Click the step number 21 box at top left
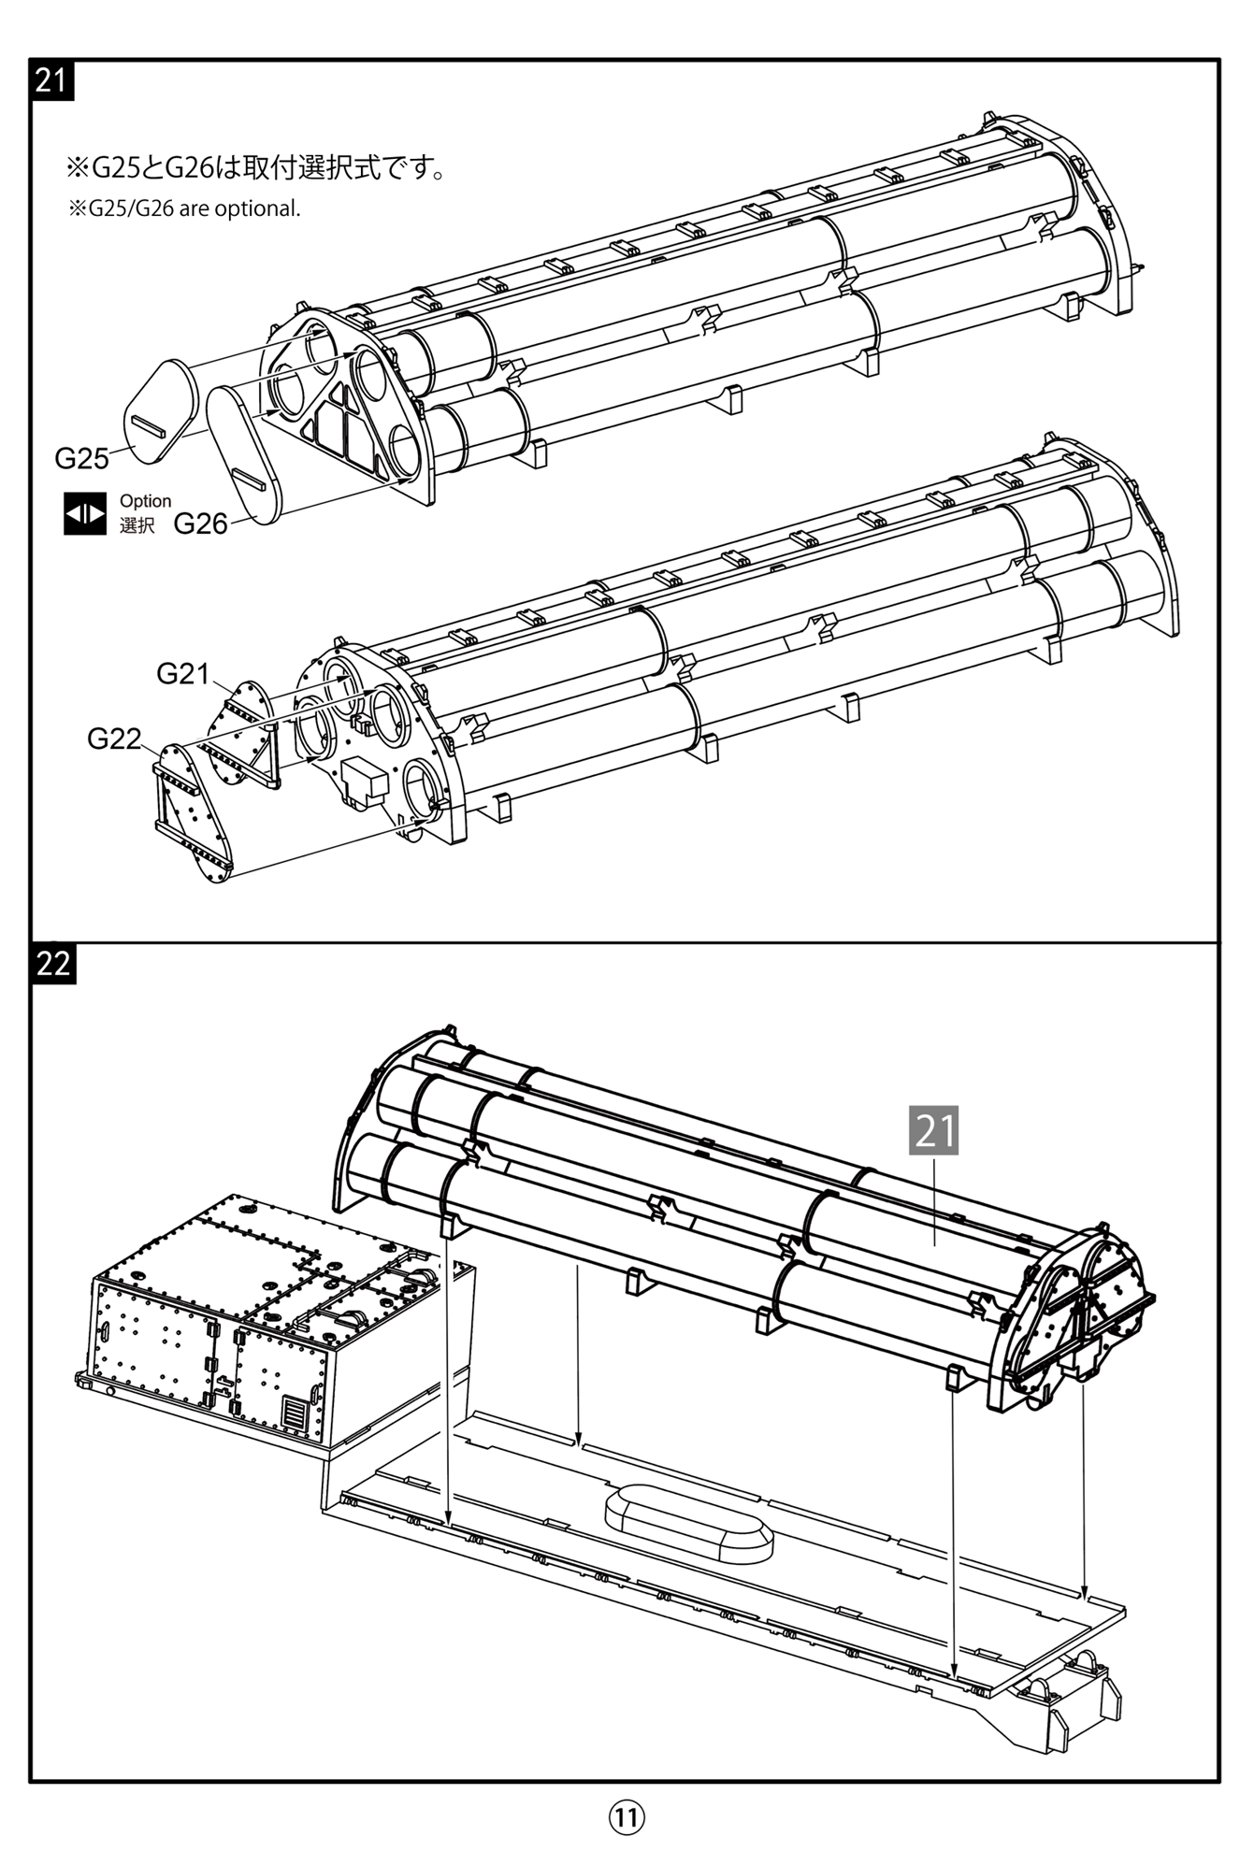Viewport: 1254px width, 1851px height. point(51,80)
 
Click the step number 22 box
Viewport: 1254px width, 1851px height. point(53,964)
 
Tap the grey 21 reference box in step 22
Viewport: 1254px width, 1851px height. point(933,1130)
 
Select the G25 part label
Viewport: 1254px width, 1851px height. point(81,458)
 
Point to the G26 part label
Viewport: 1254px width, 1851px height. point(200,524)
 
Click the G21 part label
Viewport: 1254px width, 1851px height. point(182,673)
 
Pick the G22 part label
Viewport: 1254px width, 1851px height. point(114,739)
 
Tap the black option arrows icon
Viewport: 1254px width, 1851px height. point(84,513)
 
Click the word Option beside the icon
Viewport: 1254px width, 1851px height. point(145,501)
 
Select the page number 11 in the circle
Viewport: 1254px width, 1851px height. point(627,1816)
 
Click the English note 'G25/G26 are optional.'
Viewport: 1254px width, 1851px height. point(184,208)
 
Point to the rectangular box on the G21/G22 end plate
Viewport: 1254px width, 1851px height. point(365,781)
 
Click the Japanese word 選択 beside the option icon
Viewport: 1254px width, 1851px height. point(137,525)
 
